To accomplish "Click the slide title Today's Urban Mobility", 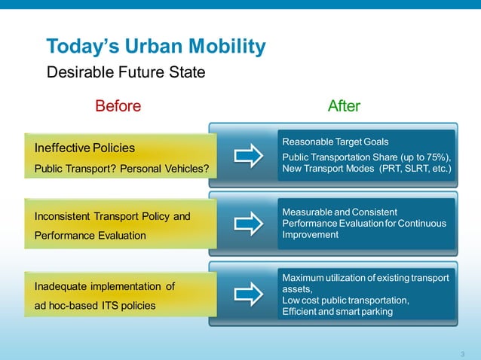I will (x=156, y=47).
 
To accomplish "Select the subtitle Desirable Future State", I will (x=126, y=73).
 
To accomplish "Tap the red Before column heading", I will (x=118, y=106).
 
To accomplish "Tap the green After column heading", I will (x=344, y=106).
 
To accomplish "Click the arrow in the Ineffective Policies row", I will (x=248, y=156).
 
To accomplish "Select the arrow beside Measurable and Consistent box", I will (x=248, y=224).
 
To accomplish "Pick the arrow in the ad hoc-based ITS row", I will (x=248, y=294).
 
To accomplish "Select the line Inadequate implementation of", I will (x=105, y=286).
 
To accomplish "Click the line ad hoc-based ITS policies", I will (x=95, y=305).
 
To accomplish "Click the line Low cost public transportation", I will (x=346, y=301).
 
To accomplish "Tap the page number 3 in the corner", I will (x=462, y=354).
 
